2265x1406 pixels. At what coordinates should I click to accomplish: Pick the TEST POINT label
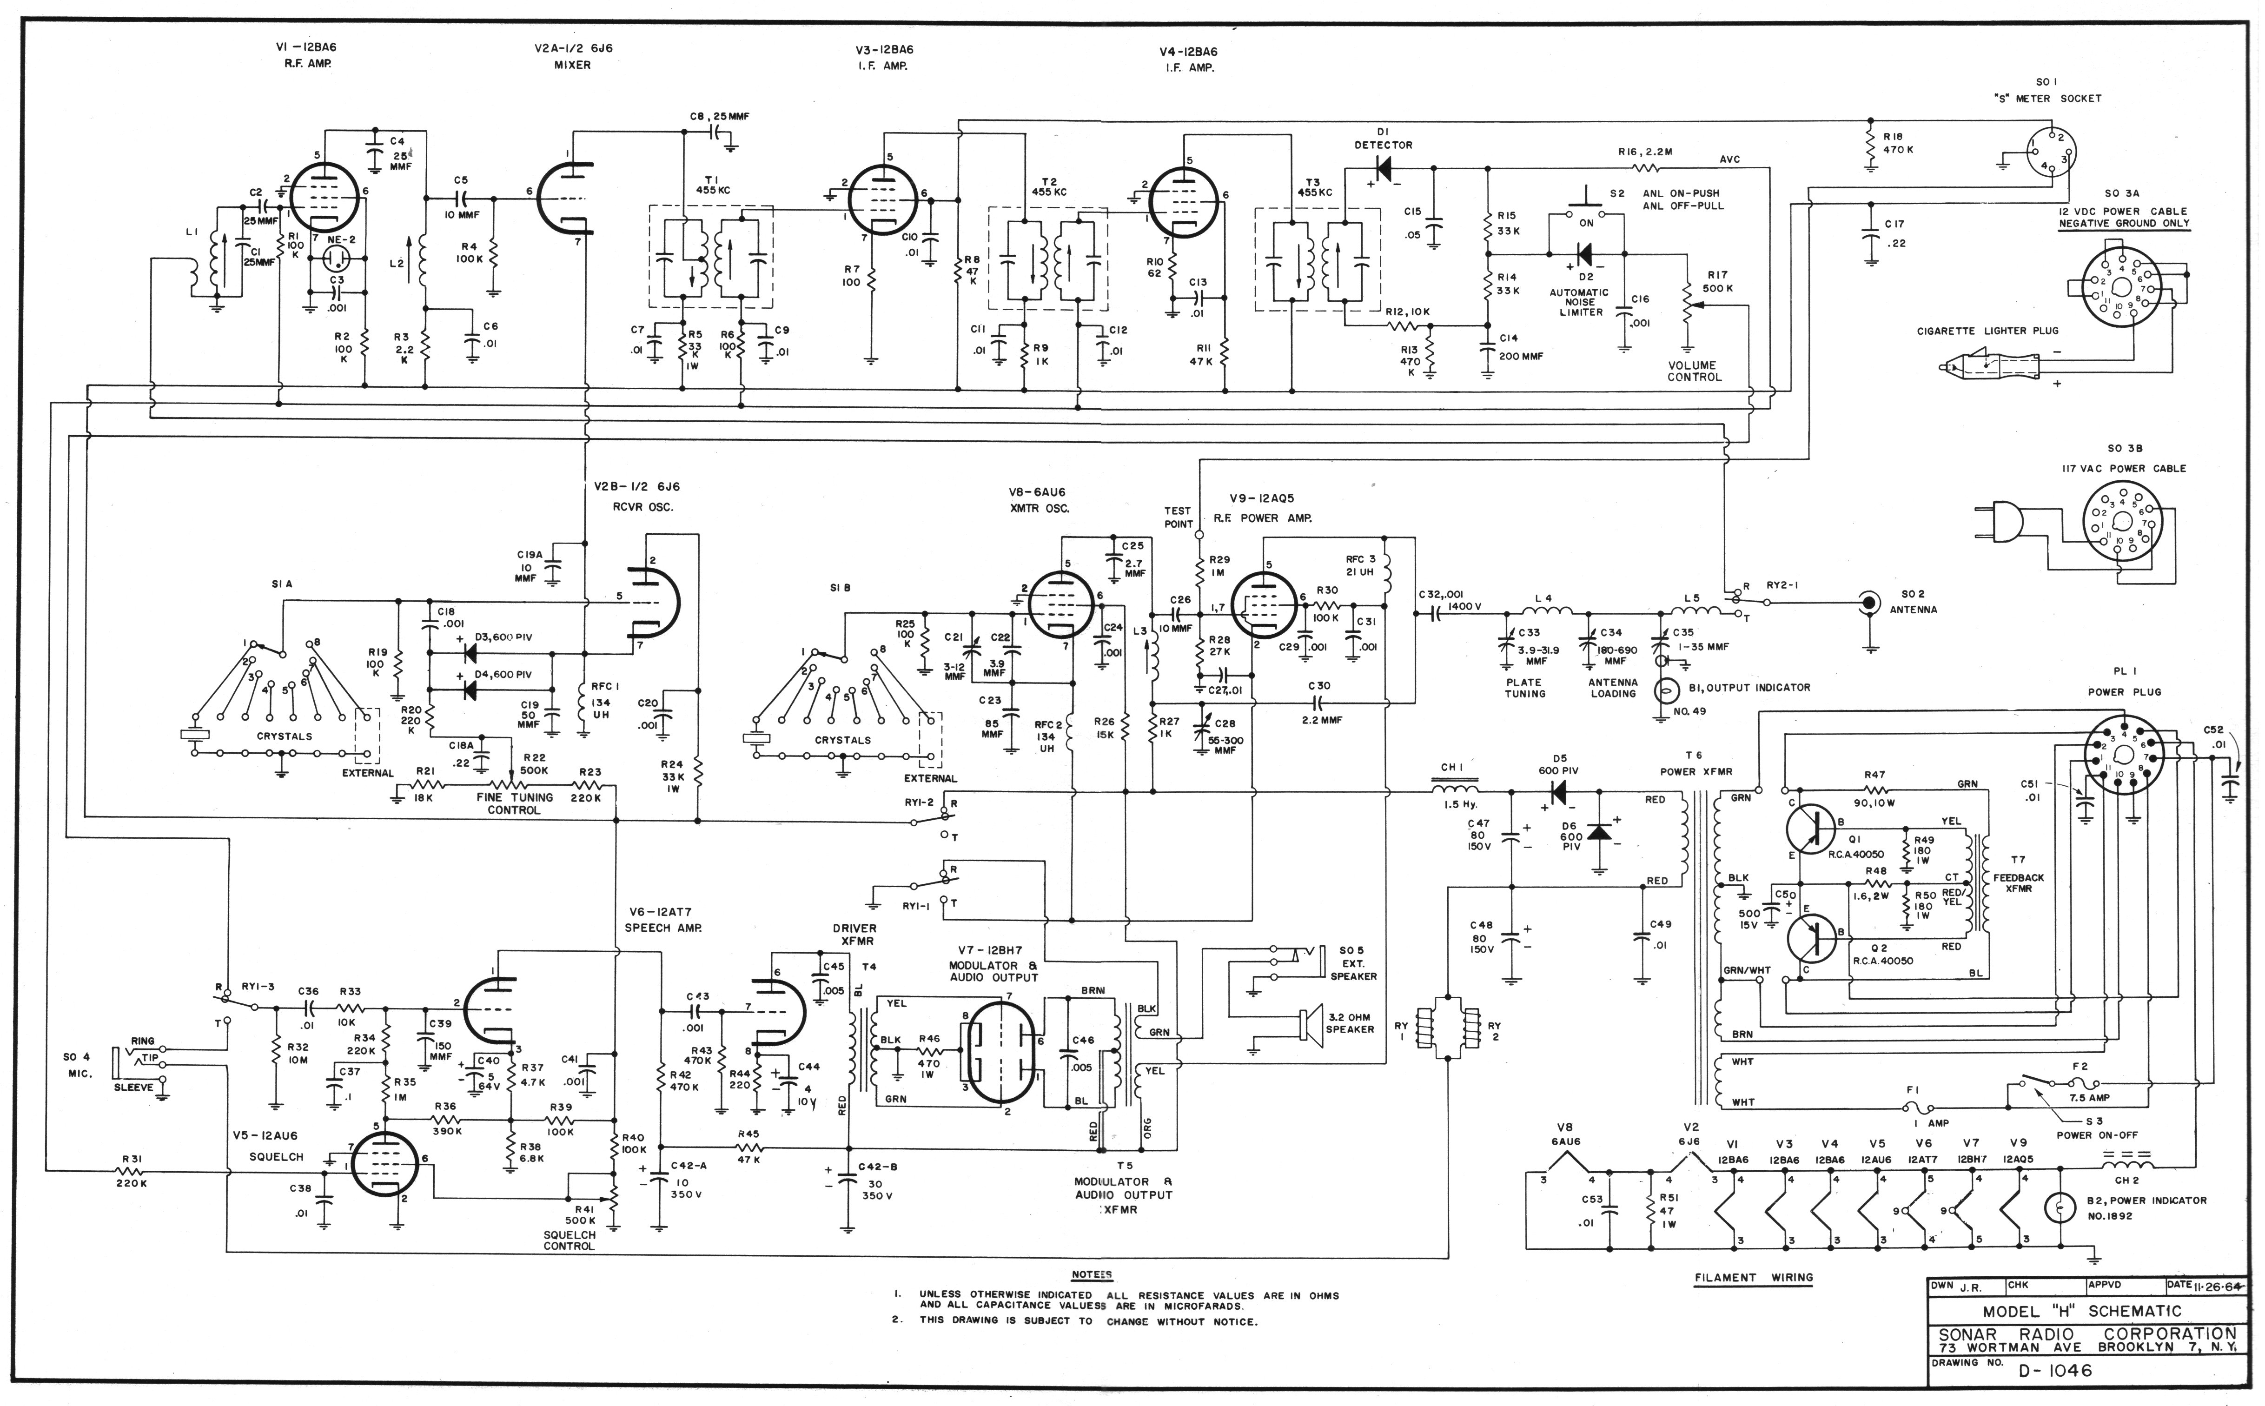1178,517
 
